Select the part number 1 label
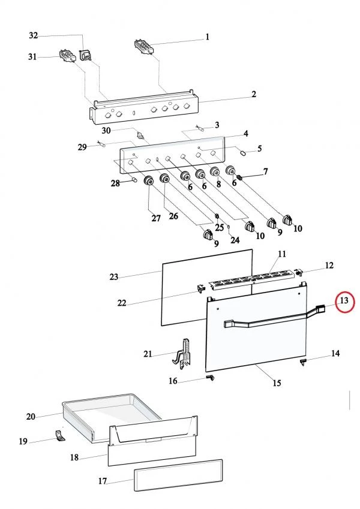207,37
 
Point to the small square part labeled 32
85,55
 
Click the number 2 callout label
253,94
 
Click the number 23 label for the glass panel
114,277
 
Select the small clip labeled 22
201,287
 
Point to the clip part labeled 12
299,272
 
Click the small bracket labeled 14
303,362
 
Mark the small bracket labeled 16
211,377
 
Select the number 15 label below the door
277,383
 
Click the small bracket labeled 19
60,435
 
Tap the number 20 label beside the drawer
31,416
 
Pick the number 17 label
103,481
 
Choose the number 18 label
74,457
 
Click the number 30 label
106,131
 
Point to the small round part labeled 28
134,179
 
